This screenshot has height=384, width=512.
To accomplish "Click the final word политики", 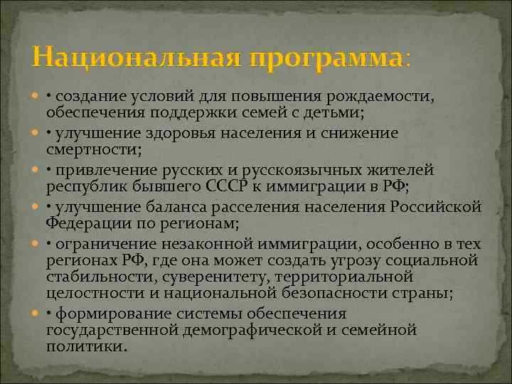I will (x=87, y=346).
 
